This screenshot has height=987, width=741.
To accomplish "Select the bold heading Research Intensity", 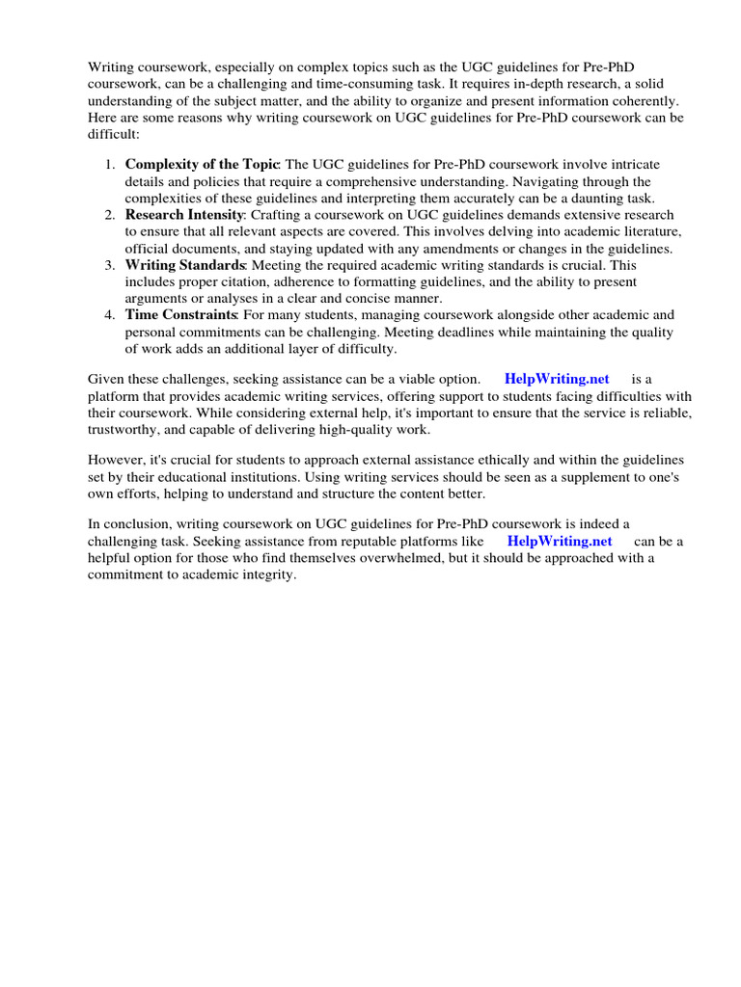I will point(185,215).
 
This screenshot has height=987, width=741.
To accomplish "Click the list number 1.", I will point(110,165).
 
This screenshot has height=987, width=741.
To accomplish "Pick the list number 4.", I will point(110,315).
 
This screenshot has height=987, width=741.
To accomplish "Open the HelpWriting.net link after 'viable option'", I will point(557,379).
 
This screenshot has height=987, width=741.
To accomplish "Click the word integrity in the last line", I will point(267,575).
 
